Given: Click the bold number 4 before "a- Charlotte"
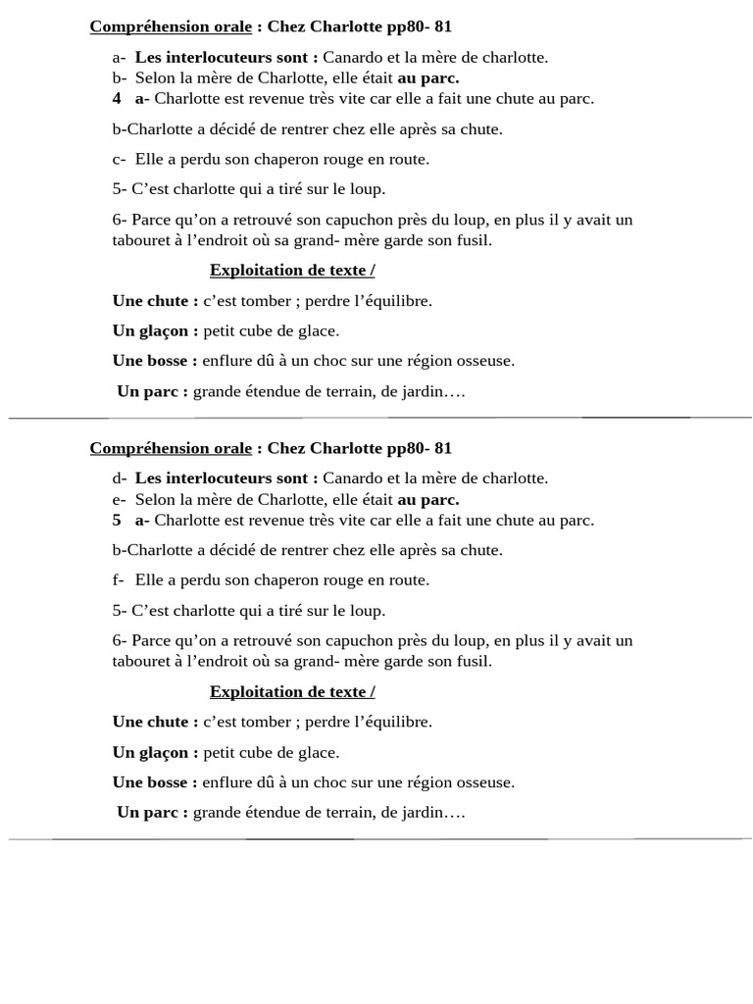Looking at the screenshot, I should click(117, 98).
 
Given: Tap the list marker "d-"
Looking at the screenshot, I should click(119, 478).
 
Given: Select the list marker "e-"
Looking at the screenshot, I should click(119, 499).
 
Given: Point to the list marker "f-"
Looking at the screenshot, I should click(118, 579).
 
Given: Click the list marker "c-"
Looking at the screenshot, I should click(118, 159).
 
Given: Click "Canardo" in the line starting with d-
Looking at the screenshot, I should click(353, 478).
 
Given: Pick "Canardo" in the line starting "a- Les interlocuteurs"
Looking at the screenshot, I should click(353, 57).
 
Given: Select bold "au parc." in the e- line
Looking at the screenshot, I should click(427, 499).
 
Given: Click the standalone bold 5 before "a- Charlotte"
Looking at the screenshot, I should click(117, 520).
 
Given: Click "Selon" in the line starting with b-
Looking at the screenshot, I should click(155, 77).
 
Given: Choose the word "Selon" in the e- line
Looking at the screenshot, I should click(155, 499).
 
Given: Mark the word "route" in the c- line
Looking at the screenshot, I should click(409, 159).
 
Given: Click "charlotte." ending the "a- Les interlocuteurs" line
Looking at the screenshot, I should click(514, 57).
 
